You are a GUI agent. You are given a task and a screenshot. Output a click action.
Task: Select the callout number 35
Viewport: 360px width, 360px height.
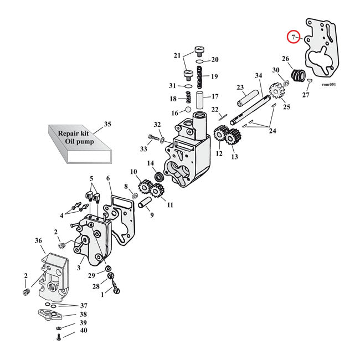(107, 124)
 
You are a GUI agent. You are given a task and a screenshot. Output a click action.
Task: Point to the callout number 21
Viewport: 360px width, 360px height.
(177, 55)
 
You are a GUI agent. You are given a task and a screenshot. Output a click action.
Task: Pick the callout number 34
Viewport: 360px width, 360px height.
(259, 75)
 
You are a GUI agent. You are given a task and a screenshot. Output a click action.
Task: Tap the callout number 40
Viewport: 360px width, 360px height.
(83, 331)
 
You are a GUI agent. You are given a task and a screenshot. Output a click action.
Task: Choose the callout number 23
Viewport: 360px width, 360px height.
(240, 87)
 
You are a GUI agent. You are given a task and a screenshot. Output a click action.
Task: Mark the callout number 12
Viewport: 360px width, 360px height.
(219, 153)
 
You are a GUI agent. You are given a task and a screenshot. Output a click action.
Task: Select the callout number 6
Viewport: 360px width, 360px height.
(109, 178)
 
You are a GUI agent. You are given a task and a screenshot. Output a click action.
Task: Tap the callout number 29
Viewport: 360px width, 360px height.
(92, 275)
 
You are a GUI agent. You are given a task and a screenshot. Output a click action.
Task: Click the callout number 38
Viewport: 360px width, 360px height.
(83, 314)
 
